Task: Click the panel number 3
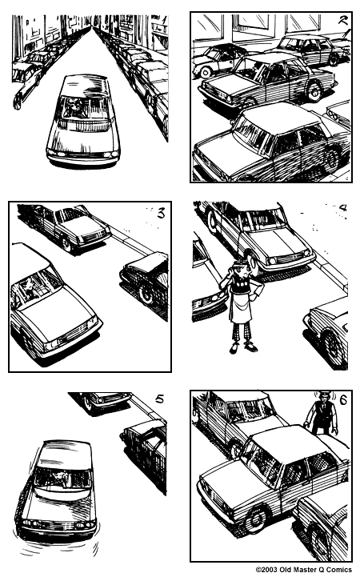click(x=161, y=213)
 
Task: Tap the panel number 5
click(x=159, y=399)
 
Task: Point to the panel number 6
click(x=342, y=403)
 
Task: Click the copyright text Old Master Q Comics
click(x=304, y=571)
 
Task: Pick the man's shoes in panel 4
click(x=243, y=347)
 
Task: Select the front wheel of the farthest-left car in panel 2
click(x=206, y=72)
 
